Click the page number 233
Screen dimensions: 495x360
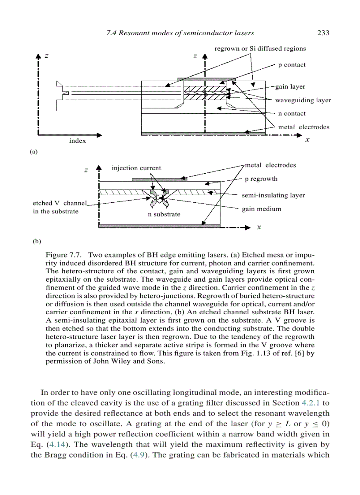tap(323, 33)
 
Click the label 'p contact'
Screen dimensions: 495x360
tap(292, 65)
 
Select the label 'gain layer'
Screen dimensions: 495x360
tap(290, 87)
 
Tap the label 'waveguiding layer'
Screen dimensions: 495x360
tap(303, 100)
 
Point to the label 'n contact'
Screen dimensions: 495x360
tap(292, 113)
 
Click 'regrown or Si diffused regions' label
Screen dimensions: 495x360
tap(260, 48)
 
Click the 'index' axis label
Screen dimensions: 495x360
tap(77, 141)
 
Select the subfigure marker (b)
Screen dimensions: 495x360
tap(37, 242)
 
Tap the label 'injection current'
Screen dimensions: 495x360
tap(136, 168)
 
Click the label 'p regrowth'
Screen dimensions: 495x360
tap(261, 179)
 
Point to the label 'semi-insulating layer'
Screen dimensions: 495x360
tap(273, 195)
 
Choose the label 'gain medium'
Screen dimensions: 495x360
tap(261, 208)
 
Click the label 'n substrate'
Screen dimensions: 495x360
tap(164, 214)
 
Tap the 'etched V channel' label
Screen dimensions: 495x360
tap(60, 203)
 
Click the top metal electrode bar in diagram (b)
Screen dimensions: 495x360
tap(159, 179)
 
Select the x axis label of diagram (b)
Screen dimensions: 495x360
tap(259, 227)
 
